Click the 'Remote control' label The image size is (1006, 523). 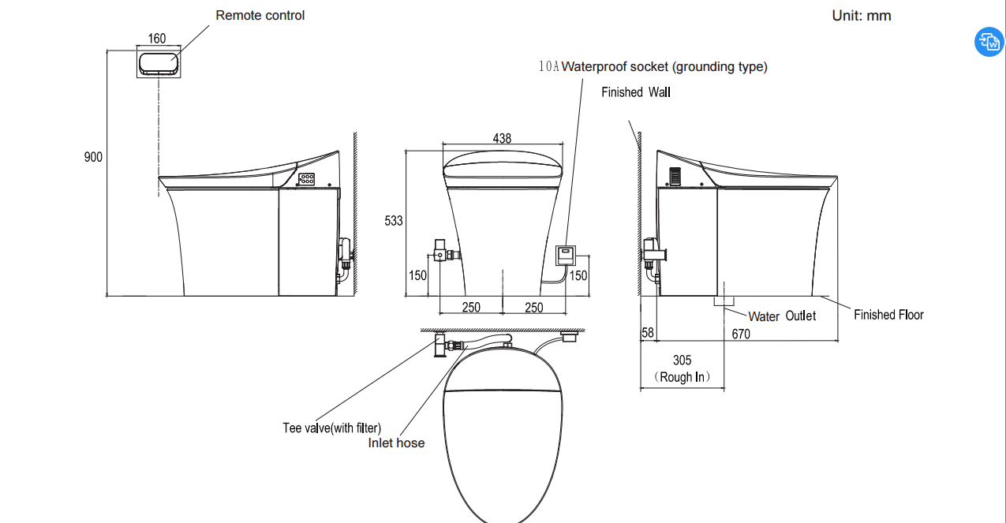(x=260, y=16)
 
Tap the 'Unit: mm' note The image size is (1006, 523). (x=862, y=16)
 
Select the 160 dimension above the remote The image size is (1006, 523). (x=157, y=39)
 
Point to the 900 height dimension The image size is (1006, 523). (x=93, y=157)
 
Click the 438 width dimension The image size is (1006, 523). (x=502, y=138)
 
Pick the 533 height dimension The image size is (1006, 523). (x=394, y=221)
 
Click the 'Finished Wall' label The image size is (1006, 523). (x=636, y=92)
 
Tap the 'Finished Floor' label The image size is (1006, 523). (x=888, y=315)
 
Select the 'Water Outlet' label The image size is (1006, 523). (x=782, y=316)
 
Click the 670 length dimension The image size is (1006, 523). (x=741, y=334)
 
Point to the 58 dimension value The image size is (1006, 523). (x=648, y=333)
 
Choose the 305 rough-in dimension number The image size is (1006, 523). (x=683, y=360)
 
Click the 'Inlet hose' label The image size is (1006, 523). (x=396, y=443)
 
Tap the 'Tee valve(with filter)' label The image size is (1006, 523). (x=332, y=428)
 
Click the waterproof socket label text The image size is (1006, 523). (x=653, y=67)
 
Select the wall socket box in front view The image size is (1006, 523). (x=566, y=256)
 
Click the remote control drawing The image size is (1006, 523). (x=159, y=64)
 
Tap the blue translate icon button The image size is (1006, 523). (x=989, y=42)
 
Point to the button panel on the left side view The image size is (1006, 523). (x=307, y=179)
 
